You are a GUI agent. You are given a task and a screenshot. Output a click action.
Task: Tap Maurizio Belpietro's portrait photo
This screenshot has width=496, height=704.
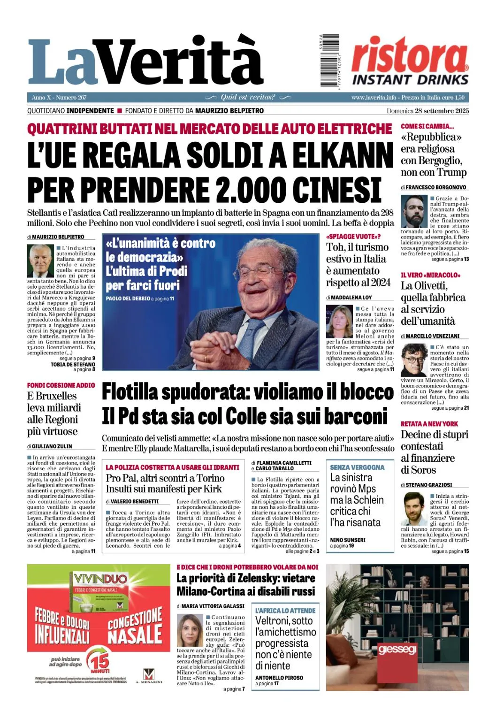(41, 261)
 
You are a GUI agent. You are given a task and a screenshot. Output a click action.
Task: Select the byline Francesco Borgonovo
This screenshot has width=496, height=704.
(436, 187)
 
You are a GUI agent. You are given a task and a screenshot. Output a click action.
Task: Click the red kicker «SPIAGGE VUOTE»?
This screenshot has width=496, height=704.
(353, 237)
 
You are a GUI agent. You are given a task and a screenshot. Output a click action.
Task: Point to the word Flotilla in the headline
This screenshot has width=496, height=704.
(135, 392)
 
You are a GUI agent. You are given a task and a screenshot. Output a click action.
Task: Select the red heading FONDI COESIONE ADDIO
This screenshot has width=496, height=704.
(61, 385)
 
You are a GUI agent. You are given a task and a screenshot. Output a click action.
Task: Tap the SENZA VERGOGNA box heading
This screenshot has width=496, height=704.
(357, 467)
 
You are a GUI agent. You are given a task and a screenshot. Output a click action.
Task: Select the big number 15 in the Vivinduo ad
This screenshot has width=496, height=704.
(100, 661)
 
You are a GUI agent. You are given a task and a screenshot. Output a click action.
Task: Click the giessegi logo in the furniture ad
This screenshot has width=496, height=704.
(397, 649)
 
